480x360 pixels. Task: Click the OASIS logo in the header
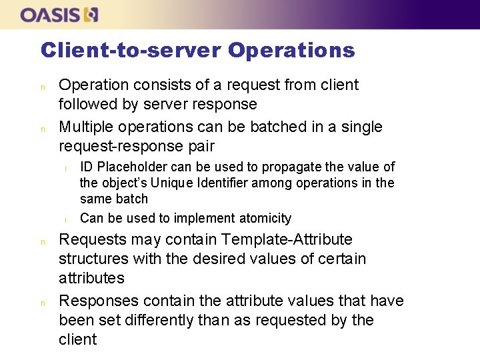coord(59,15)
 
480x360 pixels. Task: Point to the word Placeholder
coord(133,167)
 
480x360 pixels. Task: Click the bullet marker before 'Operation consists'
coord(43,87)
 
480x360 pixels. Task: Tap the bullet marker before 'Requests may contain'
coord(43,241)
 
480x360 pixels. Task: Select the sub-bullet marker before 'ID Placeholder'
coord(66,168)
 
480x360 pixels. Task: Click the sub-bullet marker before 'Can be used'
coord(66,219)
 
